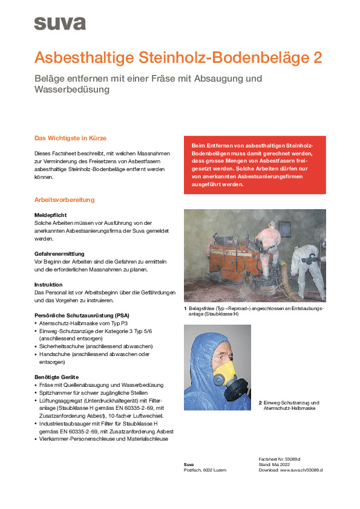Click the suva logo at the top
[x=60, y=24]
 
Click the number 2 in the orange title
[x=316, y=58]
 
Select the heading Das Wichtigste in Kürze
[x=70, y=138]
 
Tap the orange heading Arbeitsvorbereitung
[x=64, y=200]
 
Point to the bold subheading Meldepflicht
[x=50, y=215]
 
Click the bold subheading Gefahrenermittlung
[x=59, y=253]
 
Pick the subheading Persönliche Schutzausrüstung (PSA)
[x=82, y=316]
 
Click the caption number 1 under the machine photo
[x=186, y=308]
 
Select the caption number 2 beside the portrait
[x=260, y=403]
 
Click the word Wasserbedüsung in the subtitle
[x=72, y=89]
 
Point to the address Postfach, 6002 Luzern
[x=205, y=470]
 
